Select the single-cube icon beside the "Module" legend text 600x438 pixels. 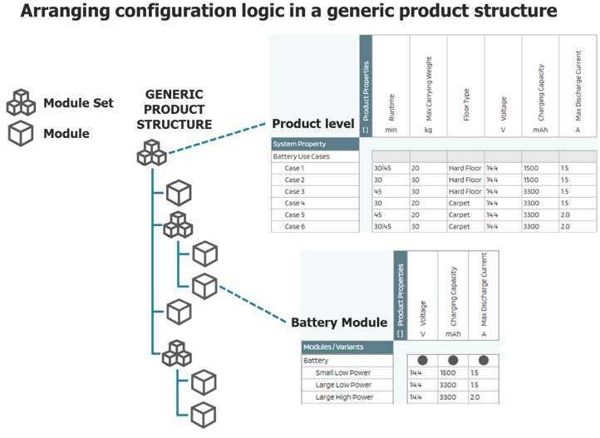click(x=21, y=133)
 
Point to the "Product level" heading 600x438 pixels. click(x=313, y=124)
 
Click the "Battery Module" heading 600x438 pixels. click(x=338, y=322)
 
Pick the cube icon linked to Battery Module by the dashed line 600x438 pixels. click(x=204, y=285)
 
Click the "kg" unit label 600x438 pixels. click(x=429, y=130)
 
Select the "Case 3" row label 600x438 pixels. click(x=295, y=191)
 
